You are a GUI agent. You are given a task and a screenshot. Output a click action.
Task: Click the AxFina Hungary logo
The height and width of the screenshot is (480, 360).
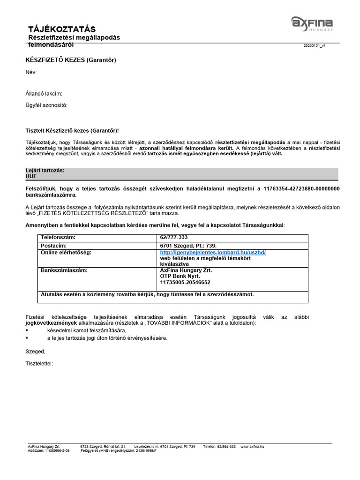click(x=312, y=23)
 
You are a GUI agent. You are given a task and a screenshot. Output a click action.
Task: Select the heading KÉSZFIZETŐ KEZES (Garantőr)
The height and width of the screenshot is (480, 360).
click(x=70, y=60)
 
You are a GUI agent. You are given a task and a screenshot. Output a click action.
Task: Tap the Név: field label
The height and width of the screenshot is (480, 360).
click(x=30, y=72)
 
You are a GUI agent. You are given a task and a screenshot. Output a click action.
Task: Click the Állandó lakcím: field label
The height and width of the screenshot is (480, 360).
click(x=44, y=94)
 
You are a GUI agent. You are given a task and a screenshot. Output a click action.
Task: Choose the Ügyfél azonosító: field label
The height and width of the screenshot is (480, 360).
click(x=46, y=105)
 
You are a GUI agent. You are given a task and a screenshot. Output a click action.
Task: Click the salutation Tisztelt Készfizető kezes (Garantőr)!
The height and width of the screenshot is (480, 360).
click(x=75, y=131)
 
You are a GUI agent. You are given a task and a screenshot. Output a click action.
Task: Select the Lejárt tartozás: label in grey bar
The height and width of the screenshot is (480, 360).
click(x=45, y=171)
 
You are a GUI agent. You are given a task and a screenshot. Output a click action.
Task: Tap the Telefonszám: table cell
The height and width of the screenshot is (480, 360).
click(x=58, y=238)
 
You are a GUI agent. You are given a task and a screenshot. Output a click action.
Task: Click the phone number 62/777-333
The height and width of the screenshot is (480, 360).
click(x=174, y=238)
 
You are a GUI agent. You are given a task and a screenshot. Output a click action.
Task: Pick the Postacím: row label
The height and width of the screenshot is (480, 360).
click(x=54, y=245)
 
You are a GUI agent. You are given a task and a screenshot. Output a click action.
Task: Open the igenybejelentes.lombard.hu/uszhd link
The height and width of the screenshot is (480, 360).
click(x=213, y=252)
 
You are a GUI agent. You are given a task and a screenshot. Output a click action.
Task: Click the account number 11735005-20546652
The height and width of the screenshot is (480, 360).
click(x=185, y=283)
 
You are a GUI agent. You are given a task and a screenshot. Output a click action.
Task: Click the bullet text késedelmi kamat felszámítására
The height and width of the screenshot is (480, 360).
click(x=80, y=330)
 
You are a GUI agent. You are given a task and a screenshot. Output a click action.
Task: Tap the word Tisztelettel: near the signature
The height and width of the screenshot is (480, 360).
click(x=39, y=363)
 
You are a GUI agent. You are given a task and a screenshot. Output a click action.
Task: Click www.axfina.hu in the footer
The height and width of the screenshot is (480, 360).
click(x=253, y=447)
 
